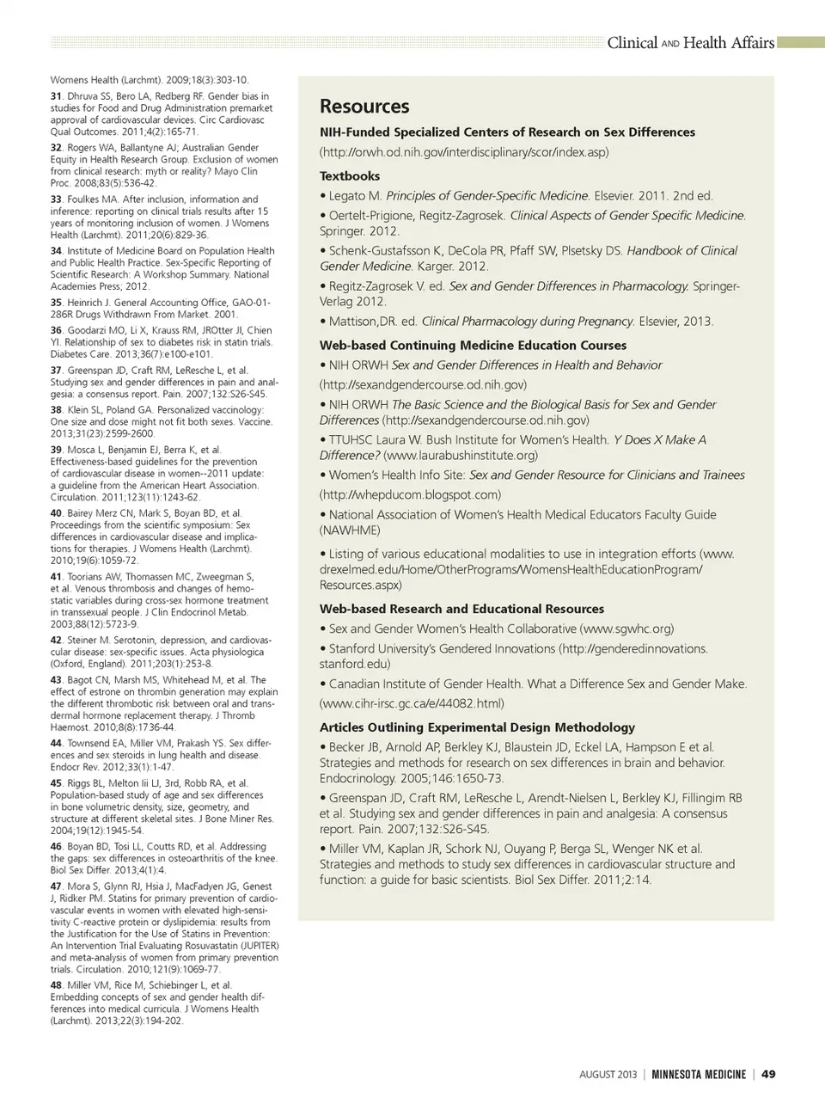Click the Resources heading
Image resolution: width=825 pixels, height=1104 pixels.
[x=364, y=107]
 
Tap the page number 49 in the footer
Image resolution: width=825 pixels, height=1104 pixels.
[x=768, y=1074]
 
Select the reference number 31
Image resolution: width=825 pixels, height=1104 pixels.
[x=56, y=96]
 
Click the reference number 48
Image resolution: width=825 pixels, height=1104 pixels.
[x=56, y=985]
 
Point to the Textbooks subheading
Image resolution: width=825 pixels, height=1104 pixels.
[x=350, y=176]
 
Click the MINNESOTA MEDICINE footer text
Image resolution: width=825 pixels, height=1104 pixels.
[x=699, y=1074]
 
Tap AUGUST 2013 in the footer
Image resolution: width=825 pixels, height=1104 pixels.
[x=608, y=1074]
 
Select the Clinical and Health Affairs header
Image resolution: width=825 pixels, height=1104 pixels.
[x=690, y=43]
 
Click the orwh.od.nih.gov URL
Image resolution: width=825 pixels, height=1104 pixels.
[x=464, y=152]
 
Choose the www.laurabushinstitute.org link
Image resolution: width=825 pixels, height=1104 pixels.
[x=461, y=455]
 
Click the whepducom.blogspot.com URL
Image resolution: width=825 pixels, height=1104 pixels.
[x=410, y=494]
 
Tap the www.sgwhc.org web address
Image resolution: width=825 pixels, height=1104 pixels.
[x=626, y=629]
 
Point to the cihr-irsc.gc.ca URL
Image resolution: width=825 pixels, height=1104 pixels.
[x=412, y=703]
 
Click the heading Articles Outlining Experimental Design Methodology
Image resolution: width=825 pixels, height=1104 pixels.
[x=477, y=727]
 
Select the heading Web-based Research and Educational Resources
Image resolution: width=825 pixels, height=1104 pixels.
[x=461, y=609]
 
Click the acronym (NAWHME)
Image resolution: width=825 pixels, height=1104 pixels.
[x=350, y=530]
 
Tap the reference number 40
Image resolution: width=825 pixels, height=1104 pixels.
[x=56, y=513]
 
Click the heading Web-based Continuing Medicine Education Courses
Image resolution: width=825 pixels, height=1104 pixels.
[x=473, y=346]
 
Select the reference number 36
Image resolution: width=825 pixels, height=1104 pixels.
[x=56, y=330]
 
